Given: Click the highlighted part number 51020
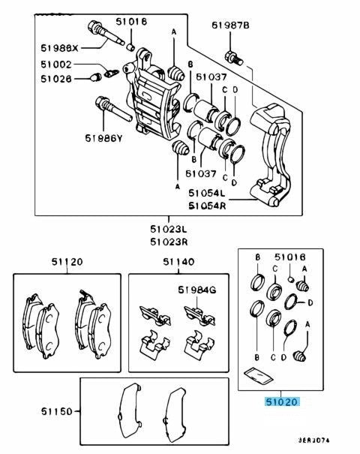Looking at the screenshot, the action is click(x=281, y=401).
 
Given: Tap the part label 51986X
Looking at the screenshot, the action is click(x=59, y=48).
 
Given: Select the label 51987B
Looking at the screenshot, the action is click(x=230, y=26).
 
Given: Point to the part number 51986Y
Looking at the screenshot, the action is click(x=103, y=138).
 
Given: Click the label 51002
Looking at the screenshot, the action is click(x=56, y=65).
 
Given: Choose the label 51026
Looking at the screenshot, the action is click(x=56, y=79).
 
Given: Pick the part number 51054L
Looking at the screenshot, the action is click(x=207, y=193).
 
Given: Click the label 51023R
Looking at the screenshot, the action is click(x=169, y=242).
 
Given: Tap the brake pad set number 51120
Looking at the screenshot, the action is click(x=67, y=262).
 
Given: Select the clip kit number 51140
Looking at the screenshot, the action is click(x=178, y=262).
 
